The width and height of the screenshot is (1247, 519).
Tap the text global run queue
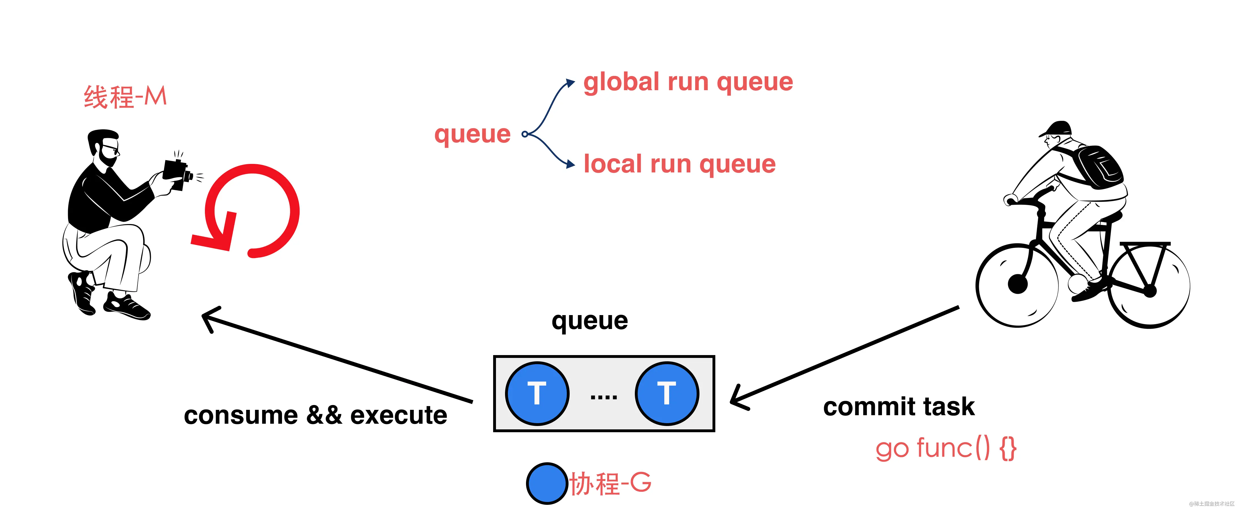(x=688, y=82)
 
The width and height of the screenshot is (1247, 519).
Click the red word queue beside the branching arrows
(x=472, y=134)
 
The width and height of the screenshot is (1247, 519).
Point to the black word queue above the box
(x=589, y=321)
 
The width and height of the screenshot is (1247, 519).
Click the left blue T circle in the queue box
(x=537, y=393)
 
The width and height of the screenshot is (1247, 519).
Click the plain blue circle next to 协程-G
(x=547, y=483)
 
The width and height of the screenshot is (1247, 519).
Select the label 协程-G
(x=610, y=483)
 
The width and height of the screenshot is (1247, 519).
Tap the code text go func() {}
(x=946, y=448)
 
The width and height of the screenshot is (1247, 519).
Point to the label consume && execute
(x=316, y=415)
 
